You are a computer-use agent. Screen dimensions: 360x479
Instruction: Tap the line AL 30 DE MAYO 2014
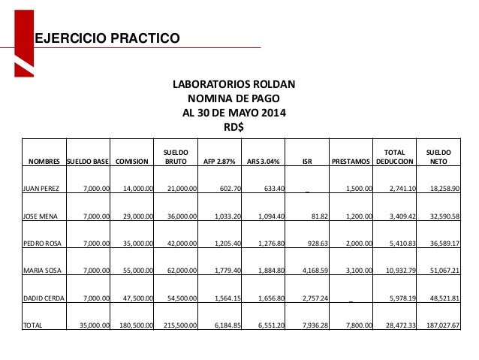click(234, 113)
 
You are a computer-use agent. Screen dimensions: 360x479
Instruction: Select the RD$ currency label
click(234, 127)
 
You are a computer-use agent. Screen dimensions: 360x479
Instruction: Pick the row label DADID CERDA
click(45, 297)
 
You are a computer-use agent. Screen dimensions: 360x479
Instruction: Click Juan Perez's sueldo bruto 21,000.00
click(180, 188)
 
